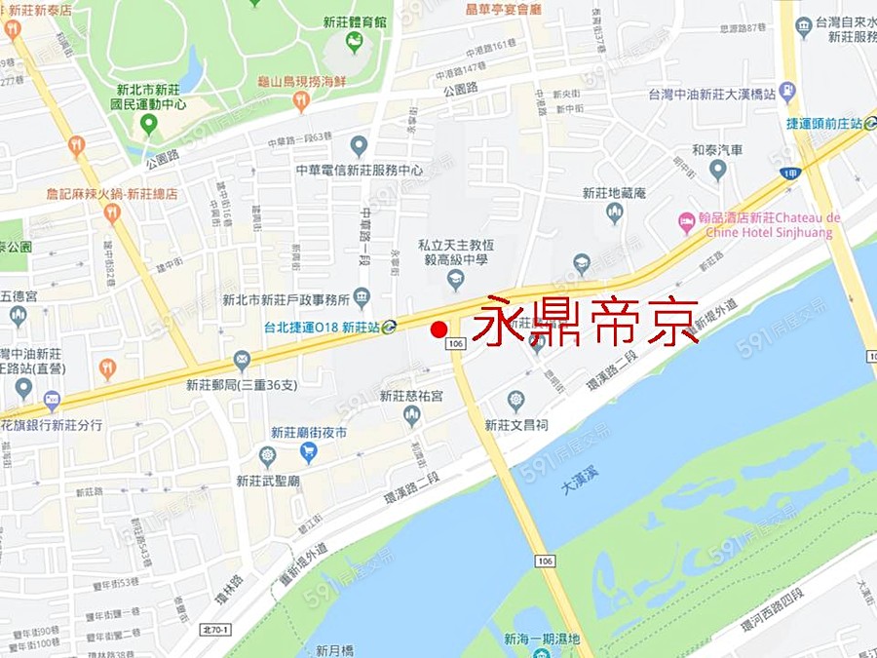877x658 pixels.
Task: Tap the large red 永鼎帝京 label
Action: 585,320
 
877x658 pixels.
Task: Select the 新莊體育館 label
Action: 355,20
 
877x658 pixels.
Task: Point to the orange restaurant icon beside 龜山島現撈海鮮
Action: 301,98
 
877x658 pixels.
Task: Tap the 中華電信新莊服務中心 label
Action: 359,170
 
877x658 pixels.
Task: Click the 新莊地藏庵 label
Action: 614,193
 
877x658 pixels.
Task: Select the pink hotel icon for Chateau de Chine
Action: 686,223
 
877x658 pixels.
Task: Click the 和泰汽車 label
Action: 717,150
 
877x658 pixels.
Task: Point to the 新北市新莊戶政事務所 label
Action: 286,299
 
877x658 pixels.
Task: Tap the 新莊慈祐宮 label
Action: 411,396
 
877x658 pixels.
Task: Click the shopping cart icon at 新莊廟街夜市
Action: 309,452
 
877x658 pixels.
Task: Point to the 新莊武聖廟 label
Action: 267,480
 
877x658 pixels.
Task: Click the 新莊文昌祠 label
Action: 516,425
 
